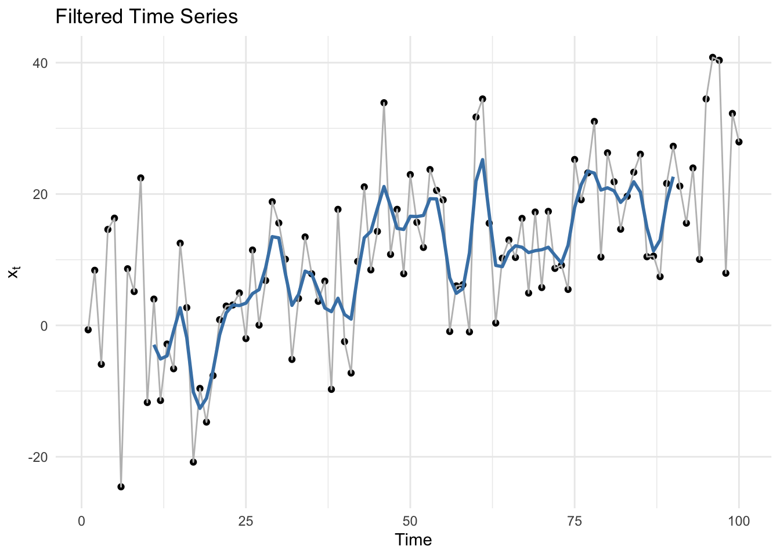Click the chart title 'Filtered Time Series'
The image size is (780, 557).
point(146,16)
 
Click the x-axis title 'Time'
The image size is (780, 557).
point(413,540)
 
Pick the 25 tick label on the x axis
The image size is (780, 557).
point(246,521)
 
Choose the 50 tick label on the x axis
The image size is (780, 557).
point(410,521)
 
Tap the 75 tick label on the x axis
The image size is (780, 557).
point(575,521)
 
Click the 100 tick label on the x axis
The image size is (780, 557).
point(739,521)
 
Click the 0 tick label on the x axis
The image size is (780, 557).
point(82,521)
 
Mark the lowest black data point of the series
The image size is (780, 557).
point(121,487)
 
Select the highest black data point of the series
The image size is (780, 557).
point(713,57)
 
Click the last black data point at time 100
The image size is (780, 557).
point(739,142)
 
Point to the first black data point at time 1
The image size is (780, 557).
point(88,330)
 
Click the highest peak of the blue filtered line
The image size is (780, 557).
point(482,160)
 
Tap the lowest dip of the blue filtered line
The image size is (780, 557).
point(200,408)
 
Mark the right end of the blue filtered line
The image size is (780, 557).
point(673,178)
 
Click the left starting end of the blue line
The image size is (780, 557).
point(154,345)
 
